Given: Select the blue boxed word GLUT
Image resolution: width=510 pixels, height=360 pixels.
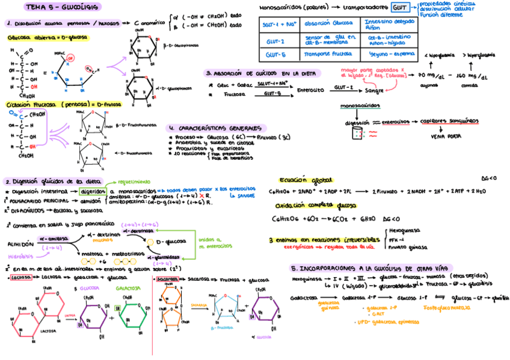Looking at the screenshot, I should [x=399, y=8].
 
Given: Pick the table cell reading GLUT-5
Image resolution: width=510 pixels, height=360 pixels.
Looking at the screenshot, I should [x=275, y=55].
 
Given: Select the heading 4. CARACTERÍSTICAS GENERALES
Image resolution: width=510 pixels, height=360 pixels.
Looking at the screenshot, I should [x=216, y=128].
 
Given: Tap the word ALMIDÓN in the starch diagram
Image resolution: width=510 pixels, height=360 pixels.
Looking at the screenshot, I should [x=20, y=245].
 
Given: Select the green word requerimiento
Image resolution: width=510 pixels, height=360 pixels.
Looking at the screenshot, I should [x=134, y=180].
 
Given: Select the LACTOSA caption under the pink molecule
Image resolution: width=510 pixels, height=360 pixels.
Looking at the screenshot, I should [x=49, y=331].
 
